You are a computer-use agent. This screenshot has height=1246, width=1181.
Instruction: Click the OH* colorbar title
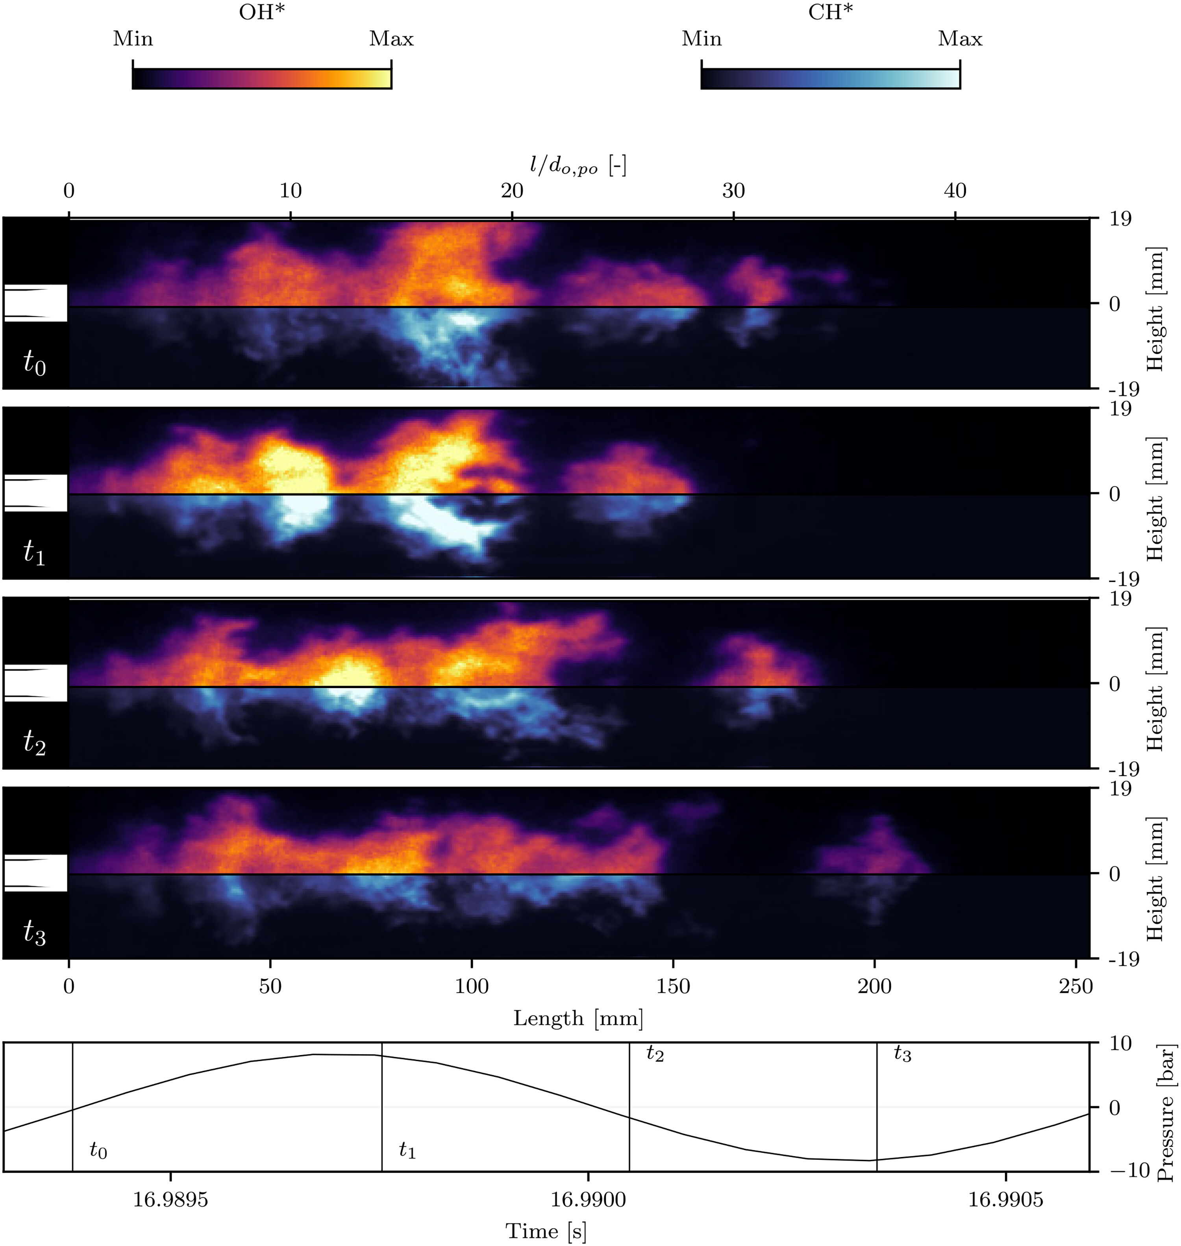[261, 12]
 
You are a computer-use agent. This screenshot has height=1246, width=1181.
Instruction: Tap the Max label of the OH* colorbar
[391, 39]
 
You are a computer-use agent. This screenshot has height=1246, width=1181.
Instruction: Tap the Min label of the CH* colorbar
[701, 39]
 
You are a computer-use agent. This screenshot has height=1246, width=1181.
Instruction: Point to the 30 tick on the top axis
[733, 191]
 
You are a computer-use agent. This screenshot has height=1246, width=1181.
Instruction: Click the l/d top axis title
[578, 166]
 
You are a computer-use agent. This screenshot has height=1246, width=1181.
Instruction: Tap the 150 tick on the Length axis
[673, 985]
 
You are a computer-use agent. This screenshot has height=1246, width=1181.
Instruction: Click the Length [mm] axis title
[578, 1018]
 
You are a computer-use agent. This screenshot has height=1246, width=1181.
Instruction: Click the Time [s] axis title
[546, 1231]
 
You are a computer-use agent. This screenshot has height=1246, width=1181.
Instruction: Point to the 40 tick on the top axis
[955, 191]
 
